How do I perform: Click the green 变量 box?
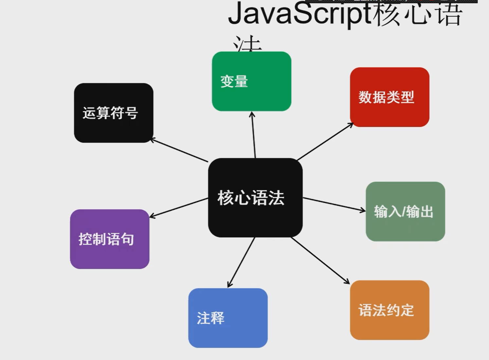pos(251,81)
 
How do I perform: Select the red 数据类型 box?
pos(389,97)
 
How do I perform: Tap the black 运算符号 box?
pos(114,113)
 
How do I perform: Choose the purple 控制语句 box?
pos(110,239)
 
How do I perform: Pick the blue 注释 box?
pos(228,318)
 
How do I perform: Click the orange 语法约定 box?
pos(389,310)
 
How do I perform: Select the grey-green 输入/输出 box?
pos(405,212)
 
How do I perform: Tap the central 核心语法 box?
pos(255,198)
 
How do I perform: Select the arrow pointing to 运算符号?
pos(179,150)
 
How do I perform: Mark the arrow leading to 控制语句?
pos(179,208)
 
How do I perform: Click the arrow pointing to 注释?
pos(241,262)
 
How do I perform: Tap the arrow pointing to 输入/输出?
pos(334,204)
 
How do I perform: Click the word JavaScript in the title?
pos(299,14)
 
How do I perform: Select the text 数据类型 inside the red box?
pos(386,97)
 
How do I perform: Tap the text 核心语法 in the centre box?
pos(251,198)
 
